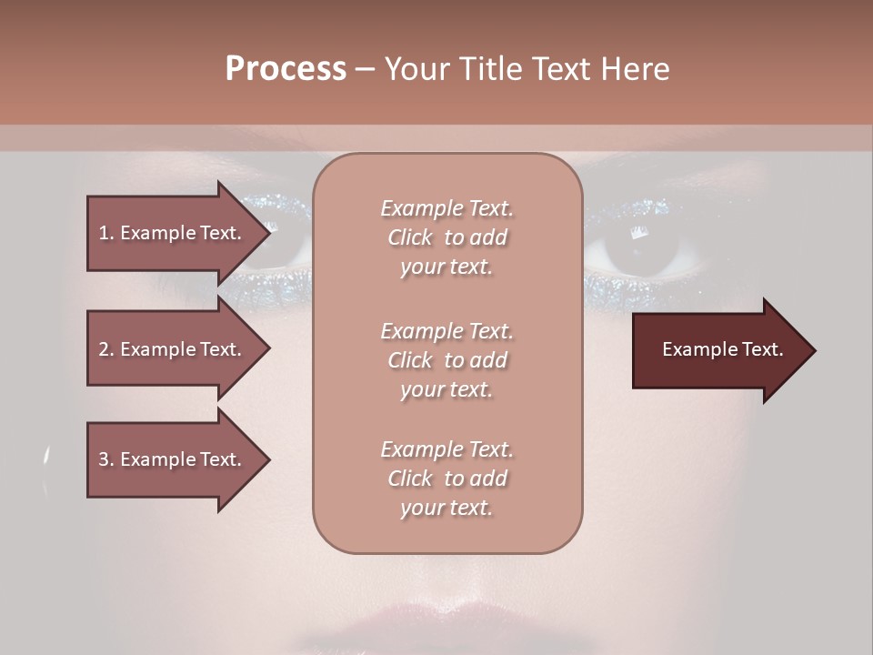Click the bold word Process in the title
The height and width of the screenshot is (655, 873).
(286, 69)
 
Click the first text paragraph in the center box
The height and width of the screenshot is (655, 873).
(447, 237)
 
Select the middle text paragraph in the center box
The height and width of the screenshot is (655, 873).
(447, 360)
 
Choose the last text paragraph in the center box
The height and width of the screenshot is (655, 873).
(447, 479)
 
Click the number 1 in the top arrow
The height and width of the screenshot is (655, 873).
(103, 233)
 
